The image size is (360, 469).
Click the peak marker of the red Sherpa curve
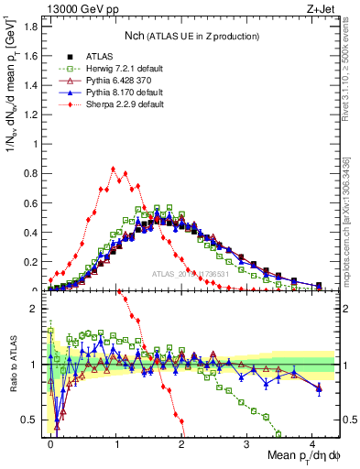tap(113, 169)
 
